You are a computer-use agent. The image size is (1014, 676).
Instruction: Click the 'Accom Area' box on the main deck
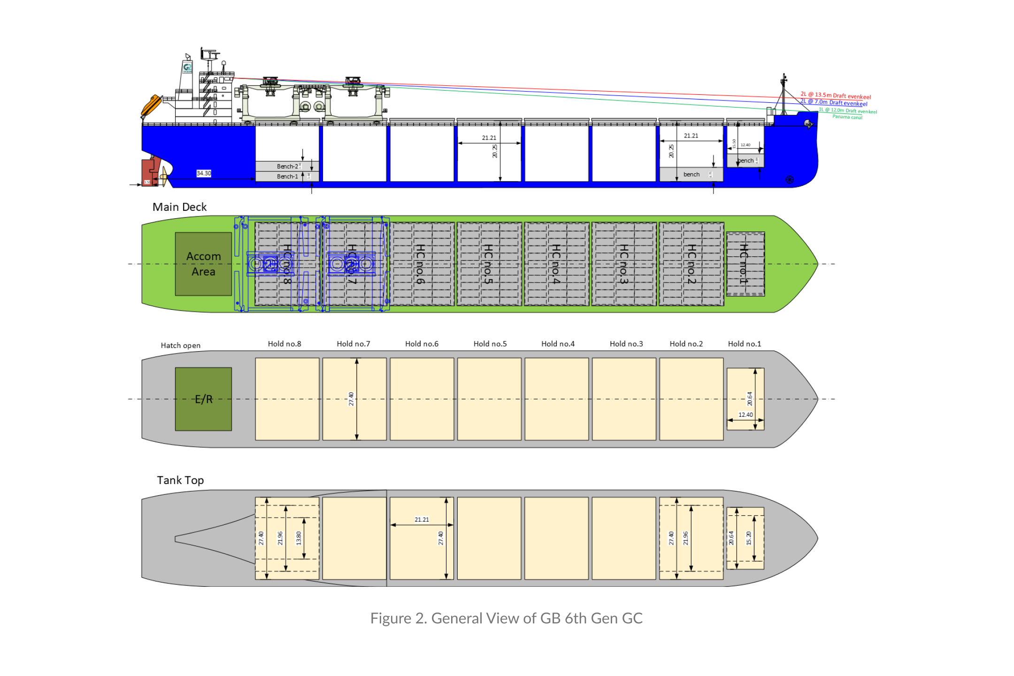click(x=203, y=264)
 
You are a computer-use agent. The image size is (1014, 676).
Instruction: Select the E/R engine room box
click(x=203, y=399)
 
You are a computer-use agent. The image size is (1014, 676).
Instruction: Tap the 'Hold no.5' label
click(x=490, y=344)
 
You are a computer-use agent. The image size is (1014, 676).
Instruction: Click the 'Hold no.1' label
click(x=745, y=344)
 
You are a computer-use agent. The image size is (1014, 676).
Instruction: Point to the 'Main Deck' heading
click(x=179, y=207)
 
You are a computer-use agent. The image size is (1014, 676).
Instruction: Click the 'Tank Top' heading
click(x=180, y=480)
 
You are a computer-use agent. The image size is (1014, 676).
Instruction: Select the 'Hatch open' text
click(x=181, y=346)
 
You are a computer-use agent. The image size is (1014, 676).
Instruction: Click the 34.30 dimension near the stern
click(x=204, y=173)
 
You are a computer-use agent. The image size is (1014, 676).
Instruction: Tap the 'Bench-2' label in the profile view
click(x=287, y=166)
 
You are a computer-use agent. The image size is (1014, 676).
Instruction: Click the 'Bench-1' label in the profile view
click(x=287, y=177)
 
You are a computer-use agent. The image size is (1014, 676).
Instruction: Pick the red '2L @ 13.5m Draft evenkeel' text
click(x=836, y=96)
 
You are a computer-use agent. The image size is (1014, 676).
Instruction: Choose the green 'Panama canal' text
click(x=847, y=117)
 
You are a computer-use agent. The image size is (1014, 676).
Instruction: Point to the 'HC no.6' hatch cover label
click(x=421, y=264)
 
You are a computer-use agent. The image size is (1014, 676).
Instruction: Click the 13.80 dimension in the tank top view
click(x=299, y=538)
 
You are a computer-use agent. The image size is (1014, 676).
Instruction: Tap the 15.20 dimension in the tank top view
click(x=749, y=538)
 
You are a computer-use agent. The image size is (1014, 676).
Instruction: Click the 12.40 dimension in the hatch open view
click(x=745, y=415)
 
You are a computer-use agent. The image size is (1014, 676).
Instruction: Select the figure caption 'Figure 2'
click(x=506, y=618)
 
